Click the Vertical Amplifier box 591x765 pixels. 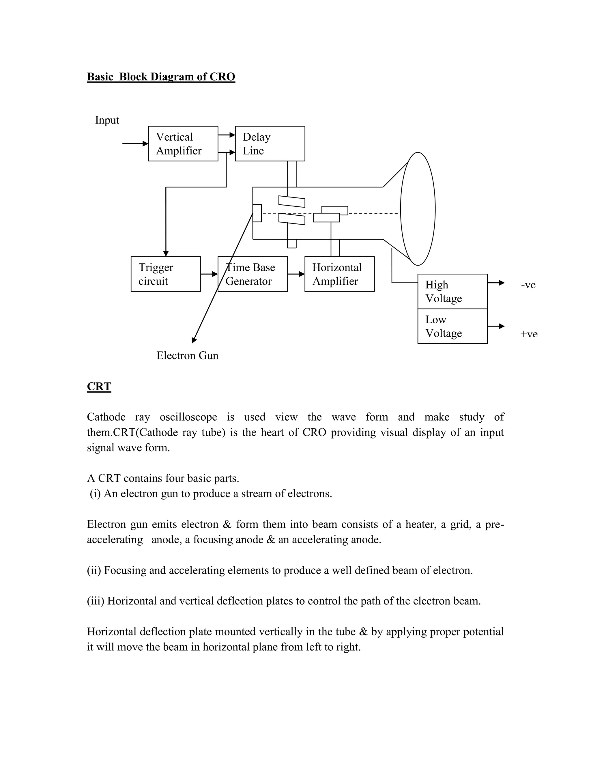tap(183, 143)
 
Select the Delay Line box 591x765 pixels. tap(270, 143)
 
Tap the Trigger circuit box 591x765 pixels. tap(165, 274)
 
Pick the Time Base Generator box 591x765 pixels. tap(253, 274)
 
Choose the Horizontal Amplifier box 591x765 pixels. tap(339, 274)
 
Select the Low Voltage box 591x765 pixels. tap(452, 326)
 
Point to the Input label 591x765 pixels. tap(107, 120)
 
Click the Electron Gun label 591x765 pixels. tap(187, 356)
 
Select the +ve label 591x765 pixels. tap(529, 334)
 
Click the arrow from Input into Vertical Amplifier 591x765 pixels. tap(135, 143)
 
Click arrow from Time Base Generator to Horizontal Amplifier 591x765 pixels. tap(296, 274)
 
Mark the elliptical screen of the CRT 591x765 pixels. tap(418, 209)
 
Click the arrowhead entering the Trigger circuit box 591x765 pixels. tap(166, 253)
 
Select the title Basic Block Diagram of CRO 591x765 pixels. tap(161, 77)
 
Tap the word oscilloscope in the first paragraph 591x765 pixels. tap(188, 417)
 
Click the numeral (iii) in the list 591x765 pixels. tap(95, 601)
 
